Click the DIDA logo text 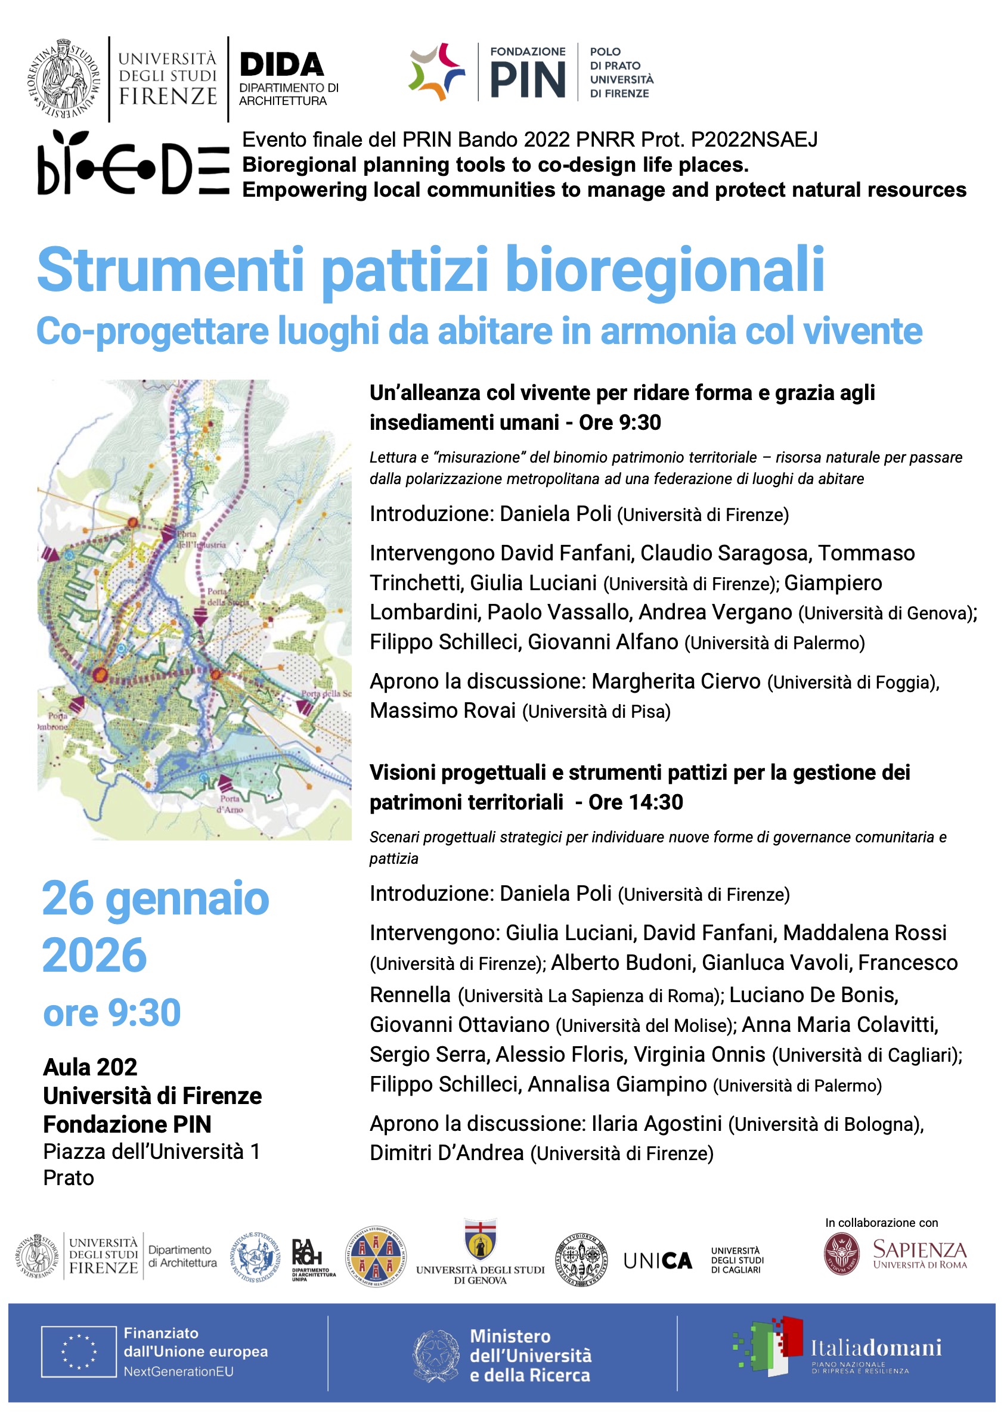point(281,65)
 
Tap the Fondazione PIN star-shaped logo point(437,72)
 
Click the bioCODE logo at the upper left point(132,164)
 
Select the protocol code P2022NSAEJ point(754,139)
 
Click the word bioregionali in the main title point(664,269)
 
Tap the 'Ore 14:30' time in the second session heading point(636,802)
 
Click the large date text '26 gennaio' point(155,898)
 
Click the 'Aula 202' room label point(90,1068)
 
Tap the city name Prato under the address point(68,1177)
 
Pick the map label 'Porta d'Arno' point(230,804)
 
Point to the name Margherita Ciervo point(675,681)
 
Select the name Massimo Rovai point(442,711)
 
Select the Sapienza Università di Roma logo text point(919,1253)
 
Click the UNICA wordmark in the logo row point(657,1261)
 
